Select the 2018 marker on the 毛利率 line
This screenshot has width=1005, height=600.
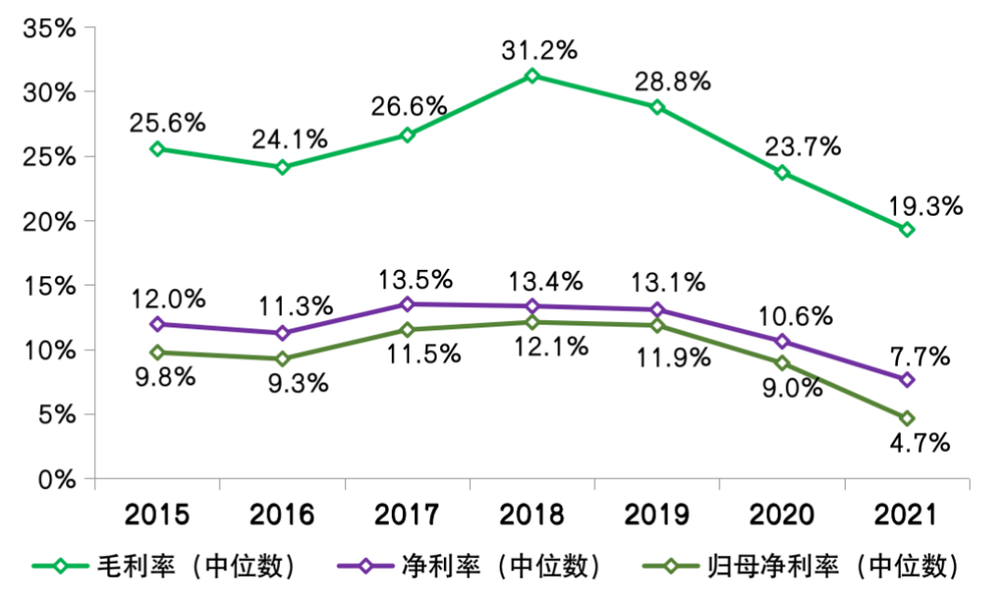(531, 75)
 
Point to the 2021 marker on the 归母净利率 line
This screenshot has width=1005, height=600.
(906, 419)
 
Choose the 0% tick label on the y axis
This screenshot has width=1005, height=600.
(57, 479)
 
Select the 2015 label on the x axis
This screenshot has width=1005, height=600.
(157, 514)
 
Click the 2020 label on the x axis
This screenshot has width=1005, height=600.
(782, 514)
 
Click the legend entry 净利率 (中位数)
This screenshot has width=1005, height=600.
(502, 565)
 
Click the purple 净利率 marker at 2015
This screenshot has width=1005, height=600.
(157, 325)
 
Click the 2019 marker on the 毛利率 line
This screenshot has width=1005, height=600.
(657, 107)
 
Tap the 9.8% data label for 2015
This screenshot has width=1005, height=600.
(164, 380)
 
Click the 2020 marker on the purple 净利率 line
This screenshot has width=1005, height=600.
(782, 341)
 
